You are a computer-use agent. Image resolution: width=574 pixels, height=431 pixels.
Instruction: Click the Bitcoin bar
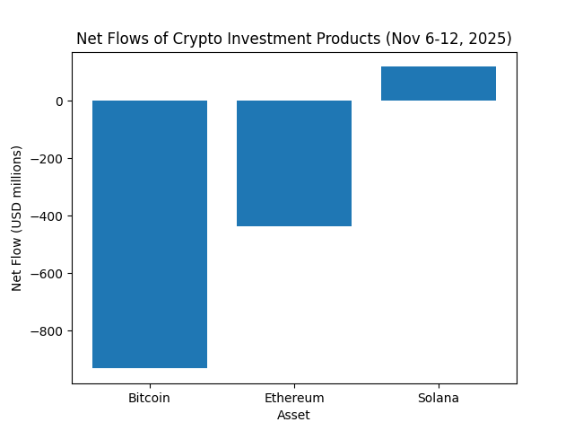(x=150, y=233)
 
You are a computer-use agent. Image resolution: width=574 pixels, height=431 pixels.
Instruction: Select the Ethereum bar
(x=294, y=163)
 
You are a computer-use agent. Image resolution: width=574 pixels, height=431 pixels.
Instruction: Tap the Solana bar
(x=439, y=84)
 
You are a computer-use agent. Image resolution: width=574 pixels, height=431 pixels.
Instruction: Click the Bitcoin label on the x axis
(x=150, y=398)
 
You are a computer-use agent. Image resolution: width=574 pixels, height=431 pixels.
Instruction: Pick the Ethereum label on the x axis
(x=294, y=398)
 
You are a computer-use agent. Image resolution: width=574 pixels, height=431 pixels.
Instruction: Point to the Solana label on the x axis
(x=439, y=398)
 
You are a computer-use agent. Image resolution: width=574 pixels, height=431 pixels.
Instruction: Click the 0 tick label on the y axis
(x=59, y=101)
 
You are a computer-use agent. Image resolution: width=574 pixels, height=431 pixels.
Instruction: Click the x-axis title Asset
(x=294, y=415)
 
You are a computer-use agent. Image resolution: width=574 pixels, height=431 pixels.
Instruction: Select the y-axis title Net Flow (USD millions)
(x=17, y=232)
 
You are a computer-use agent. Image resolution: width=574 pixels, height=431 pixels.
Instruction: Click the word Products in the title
(x=339, y=39)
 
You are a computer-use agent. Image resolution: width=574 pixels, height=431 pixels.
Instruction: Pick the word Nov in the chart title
(x=395, y=39)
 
